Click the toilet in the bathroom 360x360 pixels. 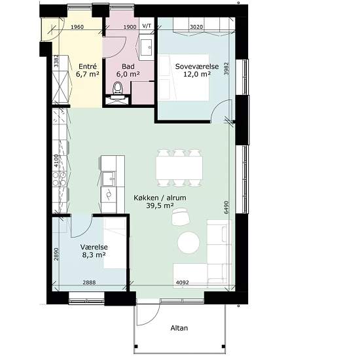[x=118, y=88]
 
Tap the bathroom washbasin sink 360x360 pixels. [x=146, y=48]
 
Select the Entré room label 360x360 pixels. [x=88, y=67]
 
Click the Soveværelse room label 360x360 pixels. [x=197, y=67]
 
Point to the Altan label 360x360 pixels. [x=179, y=328]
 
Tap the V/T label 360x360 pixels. [x=147, y=26]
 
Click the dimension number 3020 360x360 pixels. [x=196, y=27]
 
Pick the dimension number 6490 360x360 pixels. [x=226, y=207]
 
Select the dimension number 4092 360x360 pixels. [x=183, y=282]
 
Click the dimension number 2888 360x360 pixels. [x=89, y=283]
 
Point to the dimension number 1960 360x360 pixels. [x=77, y=27]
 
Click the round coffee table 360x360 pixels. [x=189, y=243]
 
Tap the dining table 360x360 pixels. [x=179, y=168]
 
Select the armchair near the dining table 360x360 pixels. [x=181, y=217]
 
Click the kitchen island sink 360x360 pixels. [x=109, y=179]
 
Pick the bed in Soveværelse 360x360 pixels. [x=184, y=78]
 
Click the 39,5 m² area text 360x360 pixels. [x=160, y=206]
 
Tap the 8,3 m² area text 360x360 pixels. [x=94, y=255]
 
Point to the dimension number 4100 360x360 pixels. [x=56, y=161]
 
